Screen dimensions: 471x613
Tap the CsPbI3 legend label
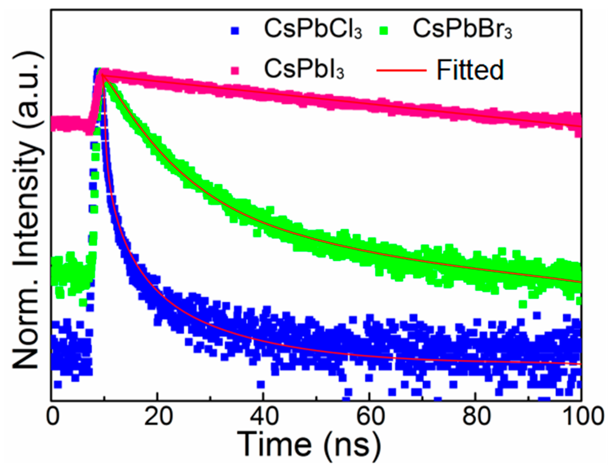(304, 69)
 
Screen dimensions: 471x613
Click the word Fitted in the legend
(470, 70)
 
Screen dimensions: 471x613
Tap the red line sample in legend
(401, 70)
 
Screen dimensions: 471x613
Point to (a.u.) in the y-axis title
(28, 88)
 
